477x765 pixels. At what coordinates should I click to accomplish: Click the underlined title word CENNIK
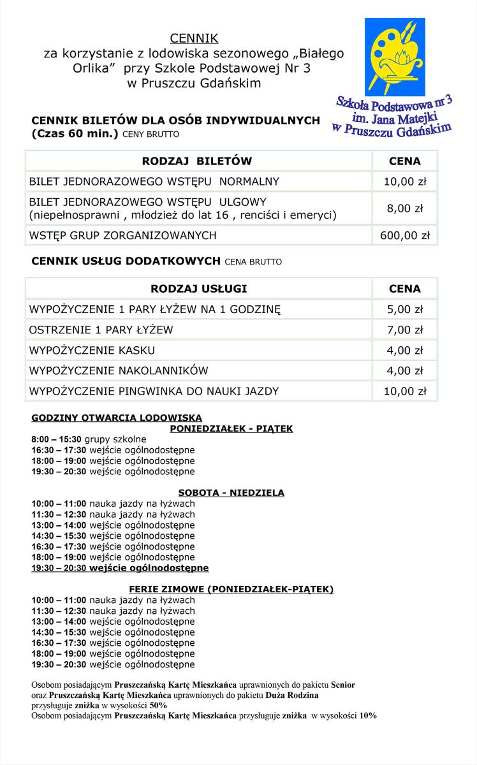(194, 39)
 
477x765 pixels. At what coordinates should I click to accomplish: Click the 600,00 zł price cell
(404, 235)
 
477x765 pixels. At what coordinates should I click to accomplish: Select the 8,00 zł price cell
(404, 208)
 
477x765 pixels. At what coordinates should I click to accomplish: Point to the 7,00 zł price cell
(404, 330)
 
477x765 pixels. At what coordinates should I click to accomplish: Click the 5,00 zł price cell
(404, 309)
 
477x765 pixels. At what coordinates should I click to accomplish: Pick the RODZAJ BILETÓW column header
(197, 161)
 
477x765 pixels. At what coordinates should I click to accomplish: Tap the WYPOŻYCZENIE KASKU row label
(92, 350)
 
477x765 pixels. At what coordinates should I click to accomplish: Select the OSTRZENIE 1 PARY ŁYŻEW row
(101, 330)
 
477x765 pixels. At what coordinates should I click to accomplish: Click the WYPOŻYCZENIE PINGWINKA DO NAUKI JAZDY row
(154, 391)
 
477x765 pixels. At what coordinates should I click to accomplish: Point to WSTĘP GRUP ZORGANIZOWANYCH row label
(122, 235)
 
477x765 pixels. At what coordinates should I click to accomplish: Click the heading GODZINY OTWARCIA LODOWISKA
(117, 418)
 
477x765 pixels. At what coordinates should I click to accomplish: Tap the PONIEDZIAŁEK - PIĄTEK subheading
(231, 428)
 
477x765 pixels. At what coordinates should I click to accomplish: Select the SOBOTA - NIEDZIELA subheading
(231, 493)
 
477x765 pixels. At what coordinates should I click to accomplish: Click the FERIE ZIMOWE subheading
(231, 589)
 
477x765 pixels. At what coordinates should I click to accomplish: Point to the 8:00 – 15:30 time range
(56, 439)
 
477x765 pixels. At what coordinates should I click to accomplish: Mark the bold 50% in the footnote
(158, 705)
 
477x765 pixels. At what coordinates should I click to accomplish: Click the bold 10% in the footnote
(368, 715)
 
